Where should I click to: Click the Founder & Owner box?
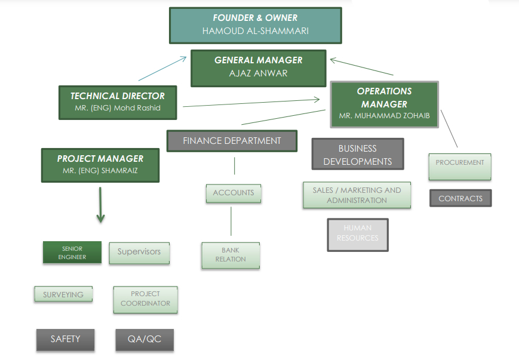[x=255, y=25]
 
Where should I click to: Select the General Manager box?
[x=258, y=67]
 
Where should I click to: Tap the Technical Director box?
[x=118, y=102]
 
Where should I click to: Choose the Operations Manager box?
[x=384, y=104]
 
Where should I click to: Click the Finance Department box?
[x=232, y=141]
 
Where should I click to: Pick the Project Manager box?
[x=100, y=165]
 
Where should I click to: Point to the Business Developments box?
[x=357, y=154]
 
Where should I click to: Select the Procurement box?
[x=460, y=166]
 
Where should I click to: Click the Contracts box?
[x=460, y=198]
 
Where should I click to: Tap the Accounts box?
[x=234, y=193]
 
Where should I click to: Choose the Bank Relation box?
[x=231, y=255]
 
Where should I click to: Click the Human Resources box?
[x=357, y=234]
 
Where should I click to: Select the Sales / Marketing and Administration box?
[x=357, y=195]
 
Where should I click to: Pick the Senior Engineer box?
[x=72, y=253]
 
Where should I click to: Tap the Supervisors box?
[x=139, y=253]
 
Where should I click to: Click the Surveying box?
[x=63, y=294]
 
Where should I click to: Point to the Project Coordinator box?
[x=145, y=299]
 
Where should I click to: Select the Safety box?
[x=65, y=339]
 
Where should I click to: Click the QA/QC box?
[x=145, y=340]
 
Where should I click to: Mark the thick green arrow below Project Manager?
[x=100, y=205]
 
